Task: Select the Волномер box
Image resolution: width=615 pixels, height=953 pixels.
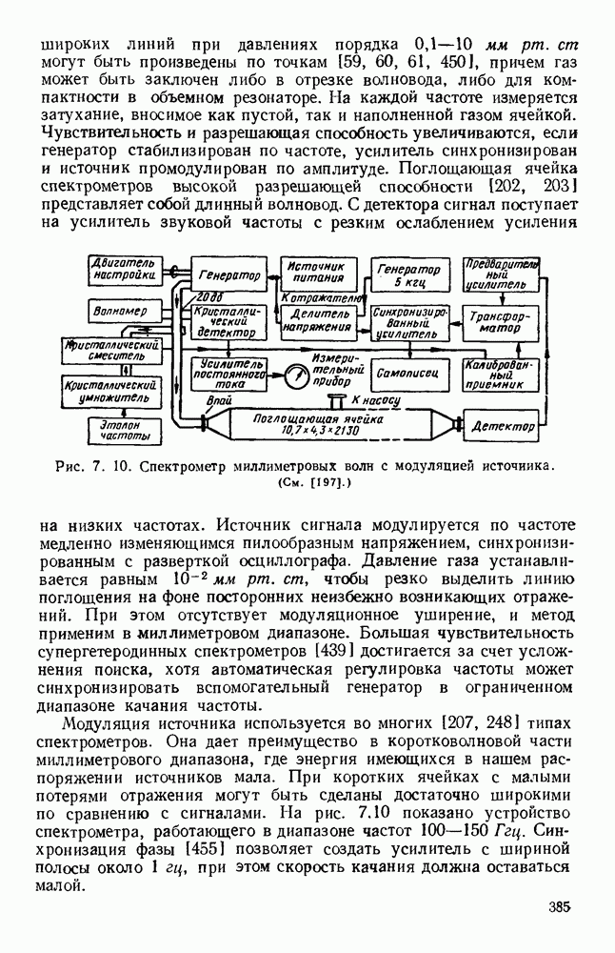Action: coord(114,312)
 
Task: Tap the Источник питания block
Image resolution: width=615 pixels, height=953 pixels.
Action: coord(315,272)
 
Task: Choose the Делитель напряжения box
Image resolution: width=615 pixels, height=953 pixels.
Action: coord(315,321)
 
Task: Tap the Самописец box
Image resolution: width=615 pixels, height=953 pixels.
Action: coord(407,371)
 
